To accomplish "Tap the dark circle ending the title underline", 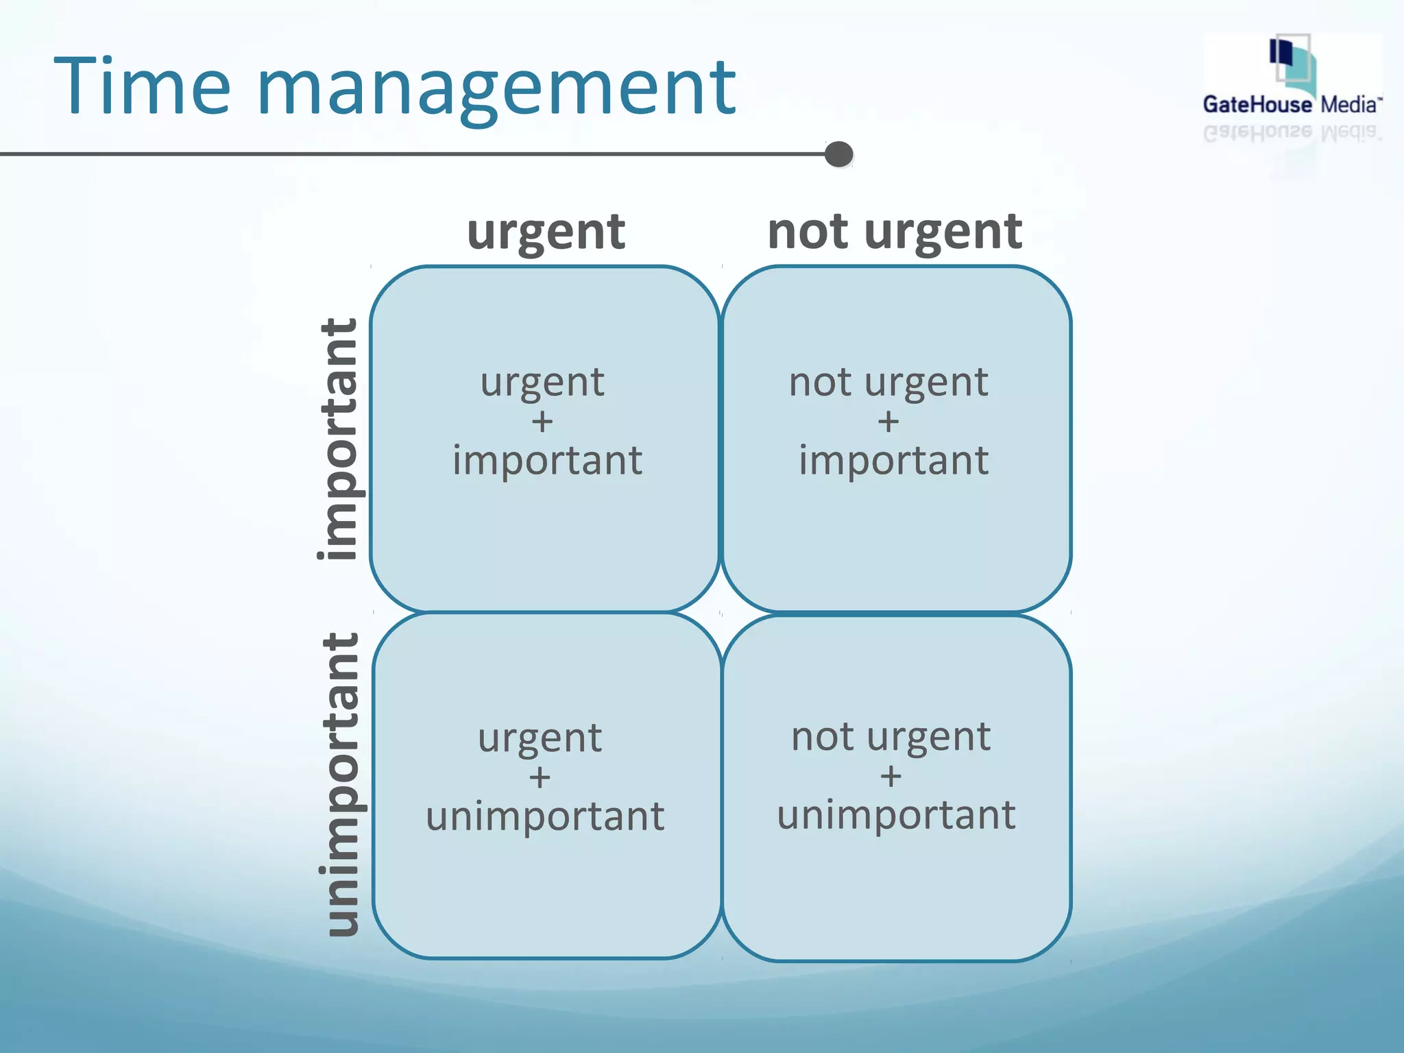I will coord(838,154).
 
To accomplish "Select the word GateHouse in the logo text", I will coord(1257,104).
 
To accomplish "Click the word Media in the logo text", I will coord(1349,105).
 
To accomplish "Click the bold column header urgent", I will coord(546,232).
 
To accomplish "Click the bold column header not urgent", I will coord(895,232).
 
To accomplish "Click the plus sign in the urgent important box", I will coord(542,422).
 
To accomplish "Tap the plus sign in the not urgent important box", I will coord(888,422).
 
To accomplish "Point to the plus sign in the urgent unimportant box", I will coord(540,777).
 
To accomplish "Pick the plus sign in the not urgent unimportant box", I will coord(891,777).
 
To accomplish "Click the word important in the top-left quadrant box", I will coord(547,460).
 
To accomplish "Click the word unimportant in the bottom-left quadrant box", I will coord(545,816).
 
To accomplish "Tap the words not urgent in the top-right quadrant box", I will coord(888,382).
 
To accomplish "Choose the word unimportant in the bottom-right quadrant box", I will coord(896,814).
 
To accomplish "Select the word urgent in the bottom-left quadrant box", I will coord(540,738).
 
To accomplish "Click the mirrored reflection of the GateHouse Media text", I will coord(1292,132).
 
